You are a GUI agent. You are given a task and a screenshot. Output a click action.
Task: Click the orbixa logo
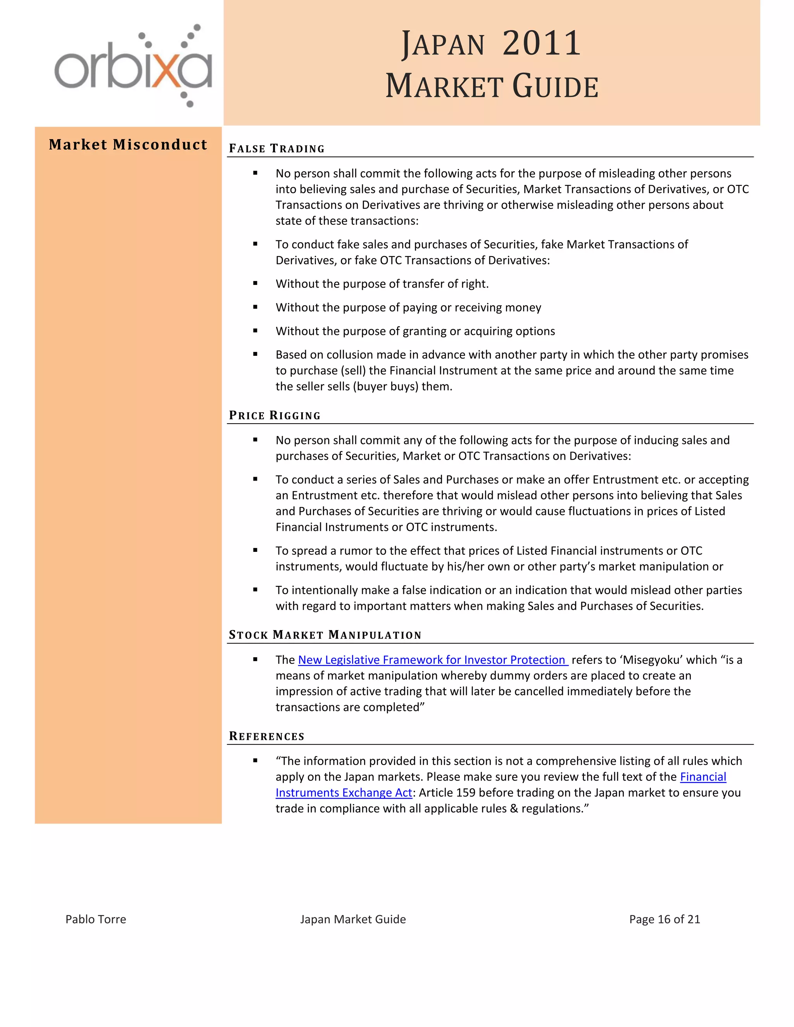click(x=133, y=66)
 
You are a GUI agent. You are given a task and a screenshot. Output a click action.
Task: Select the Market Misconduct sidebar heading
click(x=128, y=145)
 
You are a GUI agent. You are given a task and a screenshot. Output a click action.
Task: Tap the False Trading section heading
click(x=276, y=148)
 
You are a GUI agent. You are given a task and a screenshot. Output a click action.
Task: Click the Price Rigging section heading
click(x=275, y=415)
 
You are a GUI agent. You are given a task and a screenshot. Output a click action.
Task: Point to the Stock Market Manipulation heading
click(x=325, y=635)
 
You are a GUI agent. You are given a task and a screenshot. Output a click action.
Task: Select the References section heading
click(x=267, y=736)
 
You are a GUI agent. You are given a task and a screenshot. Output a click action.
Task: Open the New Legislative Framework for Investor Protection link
click(x=433, y=660)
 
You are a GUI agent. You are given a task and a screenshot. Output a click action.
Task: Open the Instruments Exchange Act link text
click(x=344, y=793)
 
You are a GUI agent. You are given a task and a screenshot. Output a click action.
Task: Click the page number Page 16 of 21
click(x=664, y=919)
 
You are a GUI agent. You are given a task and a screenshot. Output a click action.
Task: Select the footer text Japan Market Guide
click(x=353, y=919)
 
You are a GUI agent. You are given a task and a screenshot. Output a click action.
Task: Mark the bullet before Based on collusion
click(x=255, y=354)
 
